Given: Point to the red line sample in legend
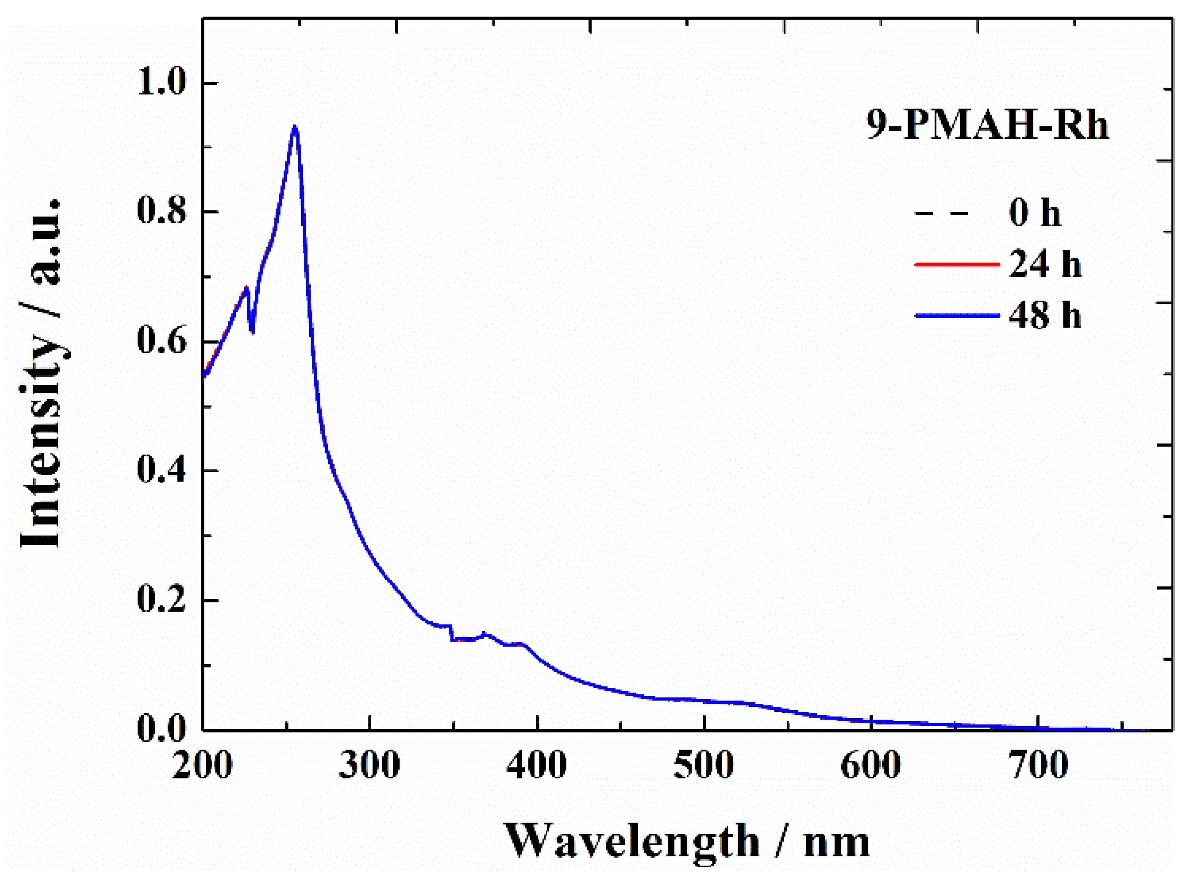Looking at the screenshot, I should [x=956, y=264].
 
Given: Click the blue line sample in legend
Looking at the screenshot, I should [x=956, y=316].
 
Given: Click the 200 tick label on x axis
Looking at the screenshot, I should [x=202, y=764].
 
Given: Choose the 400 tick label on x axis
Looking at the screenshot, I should [x=536, y=764].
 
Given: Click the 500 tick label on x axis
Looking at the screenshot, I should [x=703, y=764].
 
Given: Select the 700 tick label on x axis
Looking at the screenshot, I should [x=1038, y=764].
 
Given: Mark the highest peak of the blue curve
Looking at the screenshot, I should [x=295, y=127].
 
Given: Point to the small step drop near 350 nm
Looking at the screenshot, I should [x=452, y=634].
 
